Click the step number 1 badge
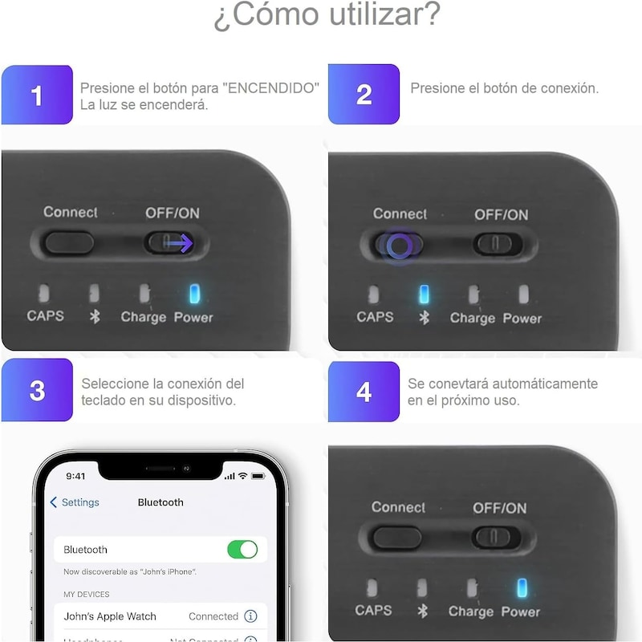pyautogui.click(x=37, y=95)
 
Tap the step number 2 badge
pyautogui.click(x=364, y=95)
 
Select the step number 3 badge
pyautogui.click(x=37, y=391)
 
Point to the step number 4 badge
pyautogui.click(x=364, y=391)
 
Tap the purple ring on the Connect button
pyautogui.click(x=400, y=245)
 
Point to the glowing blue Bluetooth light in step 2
pyautogui.click(x=425, y=295)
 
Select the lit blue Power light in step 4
pyautogui.click(x=522, y=588)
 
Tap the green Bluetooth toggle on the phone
pyautogui.click(x=242, y=550)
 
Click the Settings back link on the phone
pyautogui.click(x=75, y=502)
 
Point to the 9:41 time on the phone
pyautogui.click(x=75, y=476)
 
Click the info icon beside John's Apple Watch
pyautogui.click(x=250, y=616)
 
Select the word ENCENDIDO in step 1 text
pyautogui.click(x=273, y=87)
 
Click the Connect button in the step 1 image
pyautogui.click(x=69, y=242)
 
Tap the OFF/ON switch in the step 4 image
pyautogui.click(x=497, y=537)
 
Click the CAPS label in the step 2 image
pyautogui.click(x=375, y=317)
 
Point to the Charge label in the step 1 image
pyautogui.click(x=143, y=317)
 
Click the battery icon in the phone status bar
pyautogui.click(x=258, y=476)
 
